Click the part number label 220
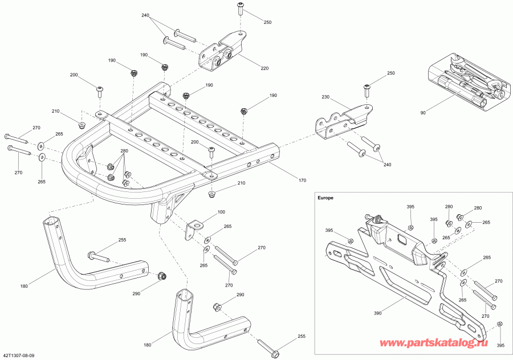pos(264,69)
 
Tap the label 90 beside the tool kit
pos(423,113)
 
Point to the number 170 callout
pos(302,181)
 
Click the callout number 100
pos(221,212)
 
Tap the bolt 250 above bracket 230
pos(366,88)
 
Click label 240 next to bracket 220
pos(145,15)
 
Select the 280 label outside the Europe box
pos(124,152)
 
